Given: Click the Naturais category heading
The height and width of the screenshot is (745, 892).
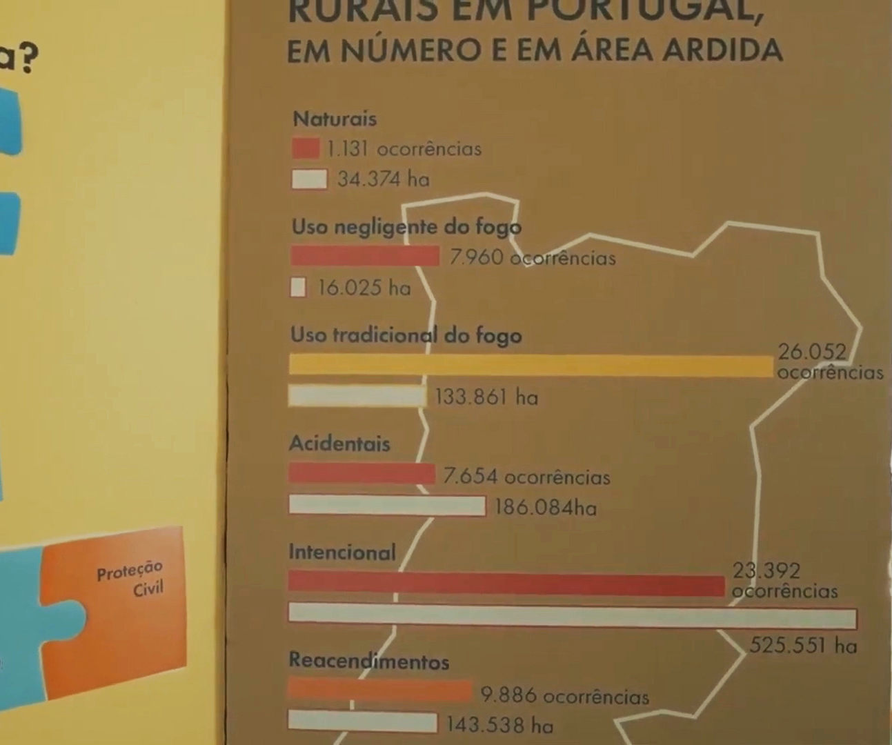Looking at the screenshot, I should coord(335,119).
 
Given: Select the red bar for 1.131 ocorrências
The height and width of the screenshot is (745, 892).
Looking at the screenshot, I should coord(306,148).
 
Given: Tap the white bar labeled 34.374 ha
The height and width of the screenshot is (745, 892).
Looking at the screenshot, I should coord(309,179).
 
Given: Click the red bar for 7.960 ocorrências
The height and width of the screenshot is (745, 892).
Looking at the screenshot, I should coord(364,257).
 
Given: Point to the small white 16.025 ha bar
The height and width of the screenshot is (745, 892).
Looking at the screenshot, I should coord(298,287).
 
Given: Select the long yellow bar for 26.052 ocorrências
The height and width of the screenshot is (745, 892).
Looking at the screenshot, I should coord(530,366).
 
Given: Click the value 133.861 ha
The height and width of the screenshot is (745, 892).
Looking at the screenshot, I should coord(486,397).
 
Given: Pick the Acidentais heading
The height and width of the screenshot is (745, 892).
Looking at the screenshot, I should coord(339,443).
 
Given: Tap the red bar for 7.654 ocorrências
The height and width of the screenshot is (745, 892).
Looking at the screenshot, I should coord(361,474).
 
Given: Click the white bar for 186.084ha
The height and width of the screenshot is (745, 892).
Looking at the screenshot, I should coord(386,505).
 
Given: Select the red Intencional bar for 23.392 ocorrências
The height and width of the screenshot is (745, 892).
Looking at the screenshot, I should coord(506,584).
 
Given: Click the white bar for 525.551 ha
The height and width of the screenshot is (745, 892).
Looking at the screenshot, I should coord(572,615).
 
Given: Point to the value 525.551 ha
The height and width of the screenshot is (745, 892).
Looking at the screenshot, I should coord(803,646).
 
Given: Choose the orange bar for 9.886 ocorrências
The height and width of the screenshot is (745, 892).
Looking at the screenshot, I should coord(379,691).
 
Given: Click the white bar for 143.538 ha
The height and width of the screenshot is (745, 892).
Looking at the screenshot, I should coord(362,722).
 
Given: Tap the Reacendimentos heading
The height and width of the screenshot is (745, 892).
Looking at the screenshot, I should coord(368,661).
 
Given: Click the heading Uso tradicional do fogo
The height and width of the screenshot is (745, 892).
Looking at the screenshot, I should coord(406,335).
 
